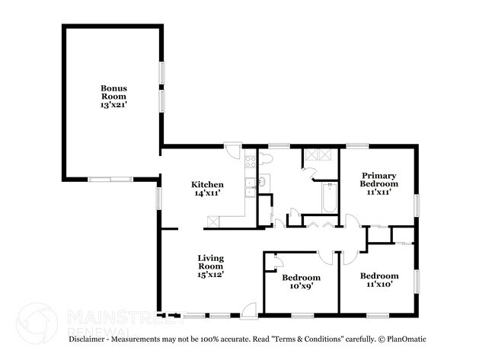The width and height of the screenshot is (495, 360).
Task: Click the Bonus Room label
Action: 114,92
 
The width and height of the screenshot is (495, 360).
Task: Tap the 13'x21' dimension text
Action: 114,105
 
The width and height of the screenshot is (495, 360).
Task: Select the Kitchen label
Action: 207,185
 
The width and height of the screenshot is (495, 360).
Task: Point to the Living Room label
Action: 210,263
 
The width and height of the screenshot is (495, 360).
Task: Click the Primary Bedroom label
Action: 378,180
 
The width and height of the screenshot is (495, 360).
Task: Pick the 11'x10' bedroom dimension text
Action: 378,285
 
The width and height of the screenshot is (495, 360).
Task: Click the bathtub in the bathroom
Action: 329,199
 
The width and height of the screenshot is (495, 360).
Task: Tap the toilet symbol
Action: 266,159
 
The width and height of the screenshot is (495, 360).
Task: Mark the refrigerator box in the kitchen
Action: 215,220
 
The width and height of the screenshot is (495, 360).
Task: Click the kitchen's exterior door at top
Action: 233,149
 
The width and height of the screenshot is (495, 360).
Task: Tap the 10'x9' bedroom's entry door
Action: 325,257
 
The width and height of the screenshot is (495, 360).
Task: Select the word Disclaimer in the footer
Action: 91,339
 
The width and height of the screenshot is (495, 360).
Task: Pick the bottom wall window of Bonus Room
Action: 110,180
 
